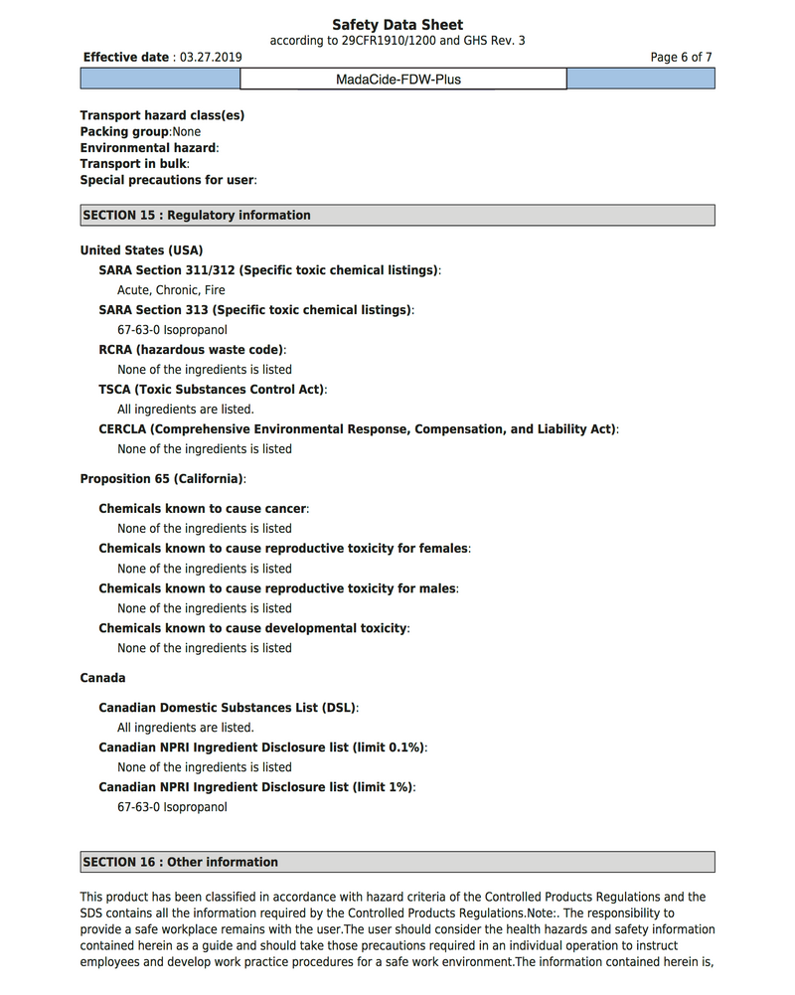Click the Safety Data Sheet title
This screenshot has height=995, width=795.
tap(397, 25)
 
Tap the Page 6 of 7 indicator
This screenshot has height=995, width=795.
tap(681, 58)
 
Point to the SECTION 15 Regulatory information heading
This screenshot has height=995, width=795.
tap(197, 215)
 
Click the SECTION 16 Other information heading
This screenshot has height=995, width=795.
tap(181, 862)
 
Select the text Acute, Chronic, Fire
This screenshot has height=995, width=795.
tap(171, 290)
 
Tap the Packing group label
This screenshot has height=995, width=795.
tap(124, 131)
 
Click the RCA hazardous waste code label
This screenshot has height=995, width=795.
tap(192, 350)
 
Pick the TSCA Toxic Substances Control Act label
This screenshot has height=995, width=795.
tap(212, 390)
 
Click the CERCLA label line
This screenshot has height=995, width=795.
tap(358, 429)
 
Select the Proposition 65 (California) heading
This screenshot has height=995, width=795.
tap(162, 479)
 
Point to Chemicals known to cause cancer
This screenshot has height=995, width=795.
tap(203, 509)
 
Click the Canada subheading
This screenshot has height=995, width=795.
tap(102, 678)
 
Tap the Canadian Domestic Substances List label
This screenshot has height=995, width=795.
tap(228, 708)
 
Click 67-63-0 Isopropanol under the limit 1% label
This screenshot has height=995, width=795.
tap(172, 807)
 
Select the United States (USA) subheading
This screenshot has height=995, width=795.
tap(141, 250)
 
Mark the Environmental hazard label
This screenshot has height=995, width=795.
tap(148, 148)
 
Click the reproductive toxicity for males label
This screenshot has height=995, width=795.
tap(278, 588)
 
